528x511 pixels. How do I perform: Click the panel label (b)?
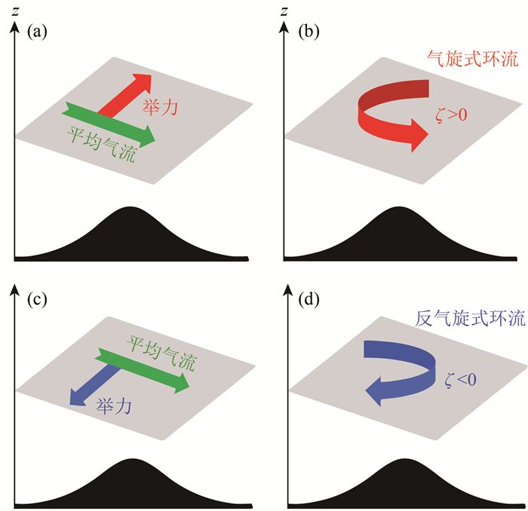pyautogui.click(x=312, y=32)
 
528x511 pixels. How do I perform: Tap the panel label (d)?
pyautogui.click(x=311, y=300)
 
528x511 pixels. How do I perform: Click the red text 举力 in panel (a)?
pyautogui.click(x=159, y=109)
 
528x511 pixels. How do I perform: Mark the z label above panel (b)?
pyautogui.click(x=284, y=9)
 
